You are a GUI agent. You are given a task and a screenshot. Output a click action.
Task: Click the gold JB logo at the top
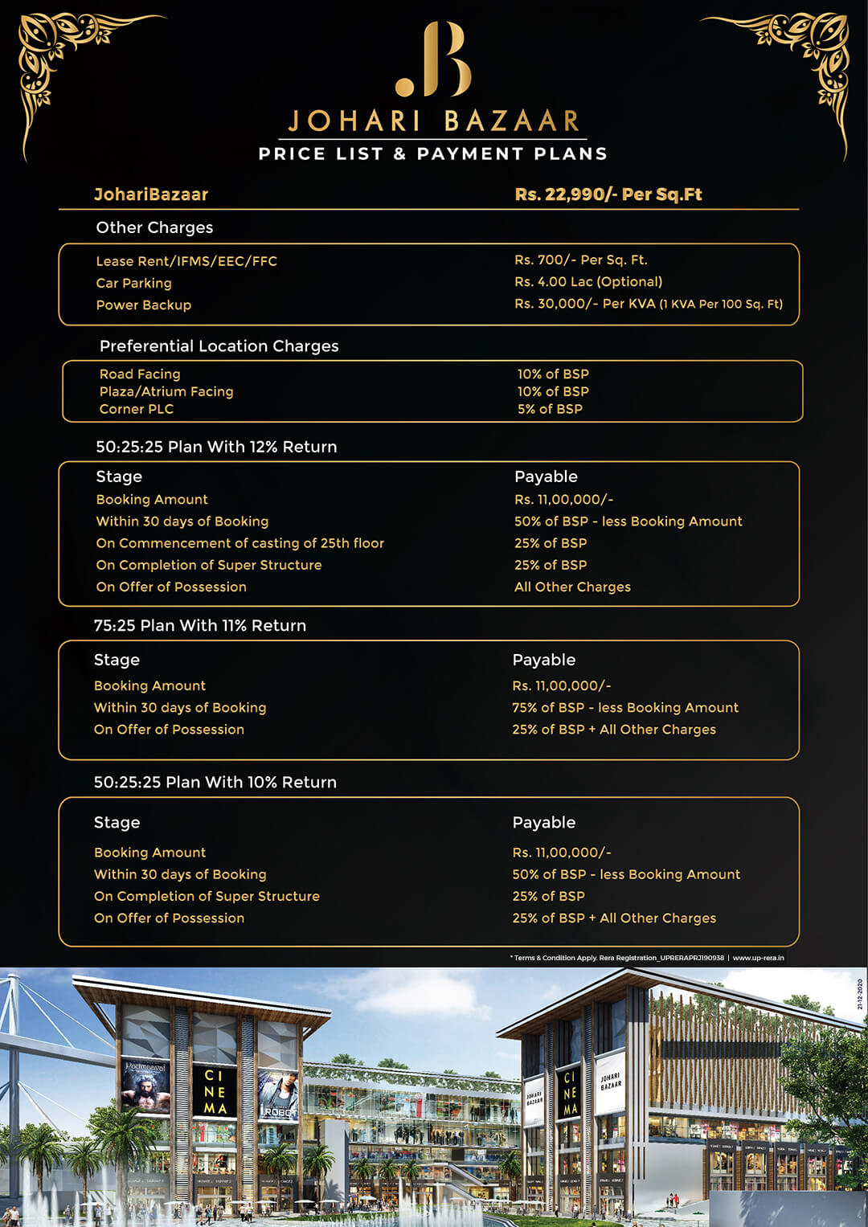(434, 60)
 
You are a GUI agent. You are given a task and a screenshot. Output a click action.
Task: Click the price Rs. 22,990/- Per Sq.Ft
(608, 194)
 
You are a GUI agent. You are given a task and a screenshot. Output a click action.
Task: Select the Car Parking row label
(133, 283)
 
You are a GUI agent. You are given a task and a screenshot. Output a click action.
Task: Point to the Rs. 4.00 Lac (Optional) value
(588, 282)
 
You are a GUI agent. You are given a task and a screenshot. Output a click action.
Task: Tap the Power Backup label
(143, 305)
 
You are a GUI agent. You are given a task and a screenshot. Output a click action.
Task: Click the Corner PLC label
(136, 409)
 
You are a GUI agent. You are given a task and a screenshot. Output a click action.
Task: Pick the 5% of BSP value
(550, 409)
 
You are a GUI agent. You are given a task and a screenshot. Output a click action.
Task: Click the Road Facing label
(140, 374)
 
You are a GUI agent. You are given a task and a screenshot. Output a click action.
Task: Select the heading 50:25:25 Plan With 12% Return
(216, 447)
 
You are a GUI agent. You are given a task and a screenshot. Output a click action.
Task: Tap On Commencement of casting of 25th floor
(240, 543)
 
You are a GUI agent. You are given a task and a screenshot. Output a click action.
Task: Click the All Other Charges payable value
(572, 587)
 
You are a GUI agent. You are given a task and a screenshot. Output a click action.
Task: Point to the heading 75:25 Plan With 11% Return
(199, 625)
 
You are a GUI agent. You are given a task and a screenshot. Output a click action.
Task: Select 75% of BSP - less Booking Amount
(624, 708)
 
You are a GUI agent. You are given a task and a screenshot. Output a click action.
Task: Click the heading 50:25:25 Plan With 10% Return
(215, 782)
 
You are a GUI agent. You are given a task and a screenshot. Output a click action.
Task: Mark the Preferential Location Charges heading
(219, 346)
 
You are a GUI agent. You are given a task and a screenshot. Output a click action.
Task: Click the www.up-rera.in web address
(758, 958)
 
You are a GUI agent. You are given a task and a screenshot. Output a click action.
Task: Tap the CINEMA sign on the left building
(215, 1091)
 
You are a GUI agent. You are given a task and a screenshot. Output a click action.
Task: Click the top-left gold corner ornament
(56, 56)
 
